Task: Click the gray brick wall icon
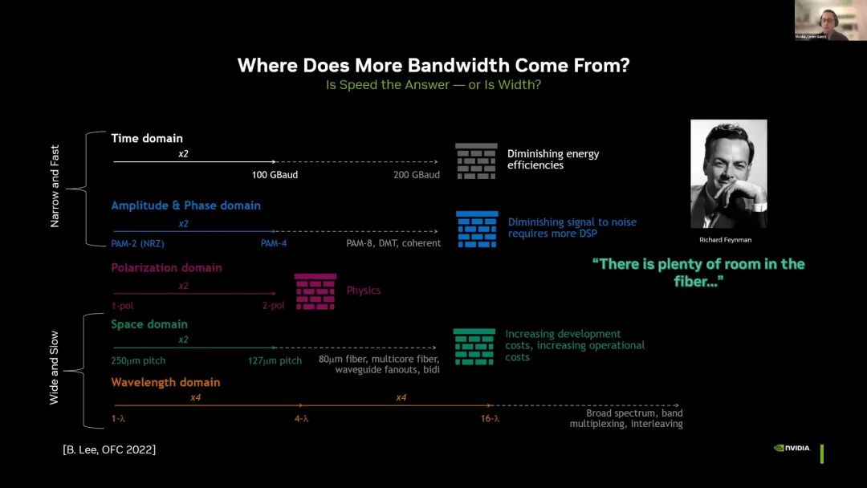[x=476, y=161]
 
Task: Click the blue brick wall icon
[x=477, y=229]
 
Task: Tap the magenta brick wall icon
[x=315, y=291]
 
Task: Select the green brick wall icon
[x=474, y=347]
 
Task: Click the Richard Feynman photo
[x=728, y=173]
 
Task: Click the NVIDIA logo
[x=792, y=448]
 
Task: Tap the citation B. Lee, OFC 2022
[x=109, y=449]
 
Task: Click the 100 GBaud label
[x=275, y=175]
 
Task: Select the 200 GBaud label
[x=417, y=175]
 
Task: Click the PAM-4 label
[x=274, y=243]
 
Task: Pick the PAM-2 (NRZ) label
[x=138, y=243]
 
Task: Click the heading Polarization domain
[x=166, y=268]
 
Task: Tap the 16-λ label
[x=490, y=418]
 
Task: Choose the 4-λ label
[x=301, y=418]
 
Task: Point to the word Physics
[x=364, y=291]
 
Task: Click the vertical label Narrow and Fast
[x=55, y=186]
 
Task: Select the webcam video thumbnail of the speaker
[x=830, y=20]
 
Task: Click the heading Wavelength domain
[x=165, y=383]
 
